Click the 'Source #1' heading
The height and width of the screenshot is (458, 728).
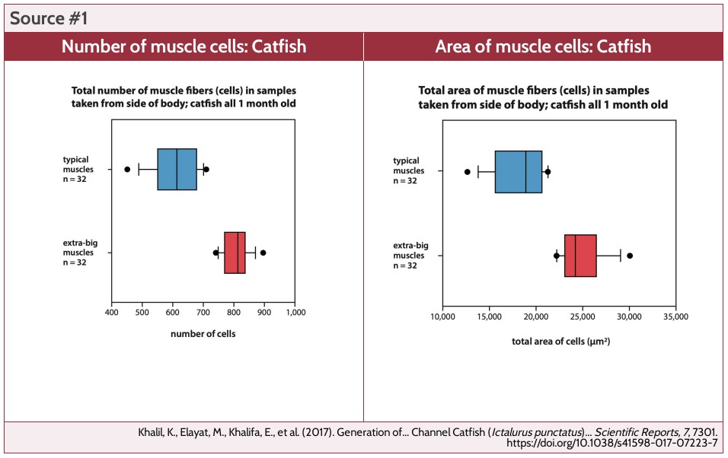[49, 17]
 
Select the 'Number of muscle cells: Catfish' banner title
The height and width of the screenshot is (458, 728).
[184, 46]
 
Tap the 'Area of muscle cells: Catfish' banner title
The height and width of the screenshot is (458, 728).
[543, 46]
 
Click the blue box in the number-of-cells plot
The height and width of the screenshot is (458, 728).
[177, 169]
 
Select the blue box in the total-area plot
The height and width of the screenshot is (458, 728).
[519, 172]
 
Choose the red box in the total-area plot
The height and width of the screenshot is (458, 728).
[580, 256]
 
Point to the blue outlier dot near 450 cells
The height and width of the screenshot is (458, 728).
[127, 169]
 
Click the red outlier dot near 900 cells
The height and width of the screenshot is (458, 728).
[263, 253]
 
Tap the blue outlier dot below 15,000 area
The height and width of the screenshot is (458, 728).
[467, 172]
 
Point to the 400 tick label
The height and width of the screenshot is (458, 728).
[111, 312]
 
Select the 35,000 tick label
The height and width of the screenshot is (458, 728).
[675, 316]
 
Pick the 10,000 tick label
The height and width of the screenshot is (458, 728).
[442, 316]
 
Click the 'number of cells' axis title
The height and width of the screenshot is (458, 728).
[203, 334]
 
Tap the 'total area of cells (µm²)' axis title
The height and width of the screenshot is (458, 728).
[560, 342]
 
